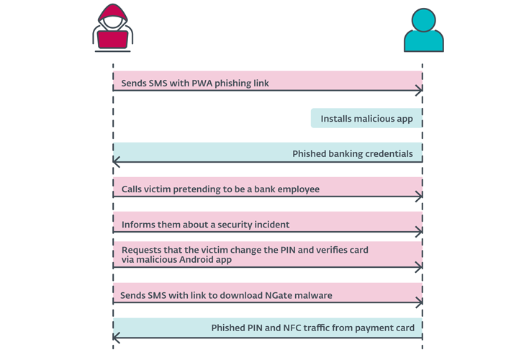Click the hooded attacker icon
112,29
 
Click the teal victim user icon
423,30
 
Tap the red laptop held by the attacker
112,39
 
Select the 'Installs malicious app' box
366,119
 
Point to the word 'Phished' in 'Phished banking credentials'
310,154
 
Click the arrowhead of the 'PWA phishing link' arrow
419,91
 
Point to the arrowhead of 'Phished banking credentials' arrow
117,162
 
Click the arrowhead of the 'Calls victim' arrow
419,197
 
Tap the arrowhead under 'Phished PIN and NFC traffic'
117,337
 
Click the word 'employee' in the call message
297,189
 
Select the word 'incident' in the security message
270,225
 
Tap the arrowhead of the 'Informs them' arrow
419,232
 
